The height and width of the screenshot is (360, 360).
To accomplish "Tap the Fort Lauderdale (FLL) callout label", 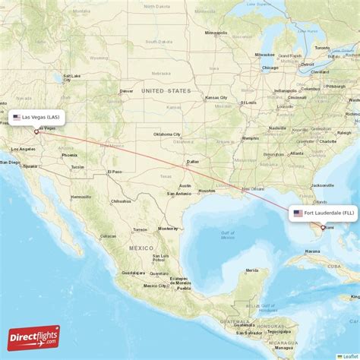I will coord(322,213).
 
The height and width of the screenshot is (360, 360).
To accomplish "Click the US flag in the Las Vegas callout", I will coord(17,118).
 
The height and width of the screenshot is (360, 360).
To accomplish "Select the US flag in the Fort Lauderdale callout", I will coord(298,213).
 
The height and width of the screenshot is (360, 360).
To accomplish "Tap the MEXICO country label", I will coord(141,248).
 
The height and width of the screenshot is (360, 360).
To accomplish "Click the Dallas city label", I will coord(192,162).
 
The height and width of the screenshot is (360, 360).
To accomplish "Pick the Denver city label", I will coord(126,91).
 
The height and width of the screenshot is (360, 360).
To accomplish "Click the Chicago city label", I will coord(270,68).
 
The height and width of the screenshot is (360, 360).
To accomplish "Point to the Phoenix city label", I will coord(70,155).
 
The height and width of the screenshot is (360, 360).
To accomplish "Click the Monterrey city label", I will coord(168,228).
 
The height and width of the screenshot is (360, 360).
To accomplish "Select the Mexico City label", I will coord(156,286).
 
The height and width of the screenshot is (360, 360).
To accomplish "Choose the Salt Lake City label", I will coord(72,77).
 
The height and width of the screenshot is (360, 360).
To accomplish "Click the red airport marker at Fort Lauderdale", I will coord(323,227).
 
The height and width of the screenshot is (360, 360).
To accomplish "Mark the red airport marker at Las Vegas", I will coord(36,131).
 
